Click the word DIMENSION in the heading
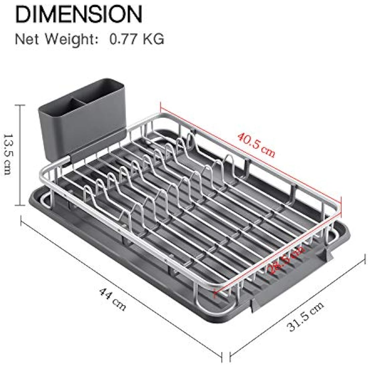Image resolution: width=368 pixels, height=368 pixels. (79, 14)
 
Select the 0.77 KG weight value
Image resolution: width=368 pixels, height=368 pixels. (137, 39)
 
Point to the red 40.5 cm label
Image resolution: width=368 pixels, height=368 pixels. (256, 145)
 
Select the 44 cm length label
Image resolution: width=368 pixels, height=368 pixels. (112, 299)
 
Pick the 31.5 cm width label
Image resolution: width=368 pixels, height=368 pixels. (305, 316)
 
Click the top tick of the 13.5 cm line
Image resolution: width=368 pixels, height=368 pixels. (20, 105)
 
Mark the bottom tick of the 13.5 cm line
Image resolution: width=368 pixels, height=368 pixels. (20, 205)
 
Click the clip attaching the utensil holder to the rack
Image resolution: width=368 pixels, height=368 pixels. (67, 161)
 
